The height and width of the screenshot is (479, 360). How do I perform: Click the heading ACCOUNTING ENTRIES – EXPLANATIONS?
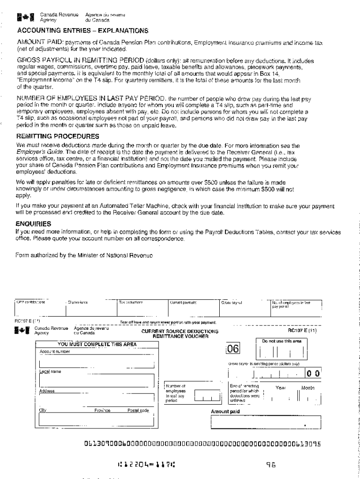click(82, 31)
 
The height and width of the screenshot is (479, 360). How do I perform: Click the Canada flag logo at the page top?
click(22, 19)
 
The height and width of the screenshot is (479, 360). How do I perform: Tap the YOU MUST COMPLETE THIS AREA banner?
click(97, 345)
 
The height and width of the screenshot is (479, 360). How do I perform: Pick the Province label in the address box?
click(102, 410)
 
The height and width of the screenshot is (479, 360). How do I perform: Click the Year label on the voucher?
click(281, 388)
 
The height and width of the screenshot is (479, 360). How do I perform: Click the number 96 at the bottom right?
click(272, 465)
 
